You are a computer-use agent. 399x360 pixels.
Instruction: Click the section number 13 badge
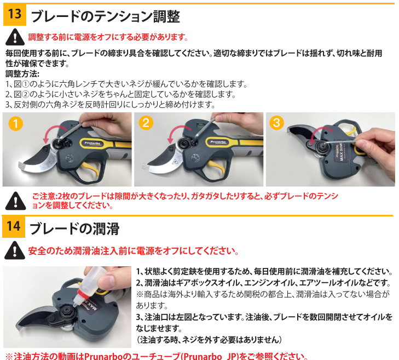pyautogui.click(x=15, y=15)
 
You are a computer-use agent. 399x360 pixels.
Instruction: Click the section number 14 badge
pyautogui.click(x=14, y=226)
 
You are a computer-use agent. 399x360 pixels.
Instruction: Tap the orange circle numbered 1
pyautogui.click(x=15, y=124)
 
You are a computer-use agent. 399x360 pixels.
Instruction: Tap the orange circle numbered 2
pyautogui.click(x=146, y=123)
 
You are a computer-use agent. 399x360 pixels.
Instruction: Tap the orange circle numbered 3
pyautogui.click(x=276, y=123)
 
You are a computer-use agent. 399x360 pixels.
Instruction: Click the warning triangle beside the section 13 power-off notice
pyautogui.click(x=15, y=37)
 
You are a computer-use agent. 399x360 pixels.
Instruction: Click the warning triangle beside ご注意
pyautogui.click(x=15, y=201)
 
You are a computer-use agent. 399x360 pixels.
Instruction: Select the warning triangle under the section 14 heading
pyautogui.click(x=15, y=250)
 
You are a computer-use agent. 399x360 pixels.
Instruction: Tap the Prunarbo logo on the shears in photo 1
pyautogui.click(x=92, y=144)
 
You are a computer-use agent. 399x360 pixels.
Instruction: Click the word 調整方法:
pyautogui.click(x=22, y=74)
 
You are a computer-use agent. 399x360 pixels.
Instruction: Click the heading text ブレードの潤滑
pyautogui.click(x=74, y=228)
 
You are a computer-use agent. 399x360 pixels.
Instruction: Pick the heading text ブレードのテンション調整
pyautogui.click(x=105, y=16)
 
